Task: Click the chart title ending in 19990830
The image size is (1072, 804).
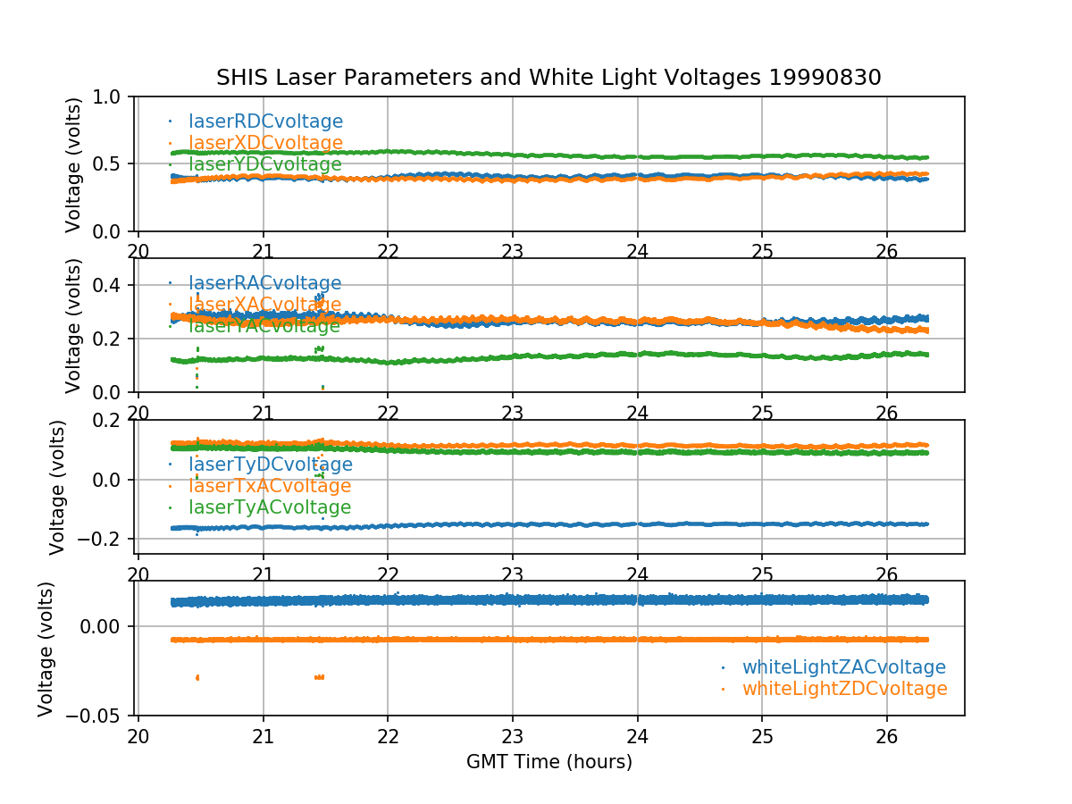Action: tap(549, 78)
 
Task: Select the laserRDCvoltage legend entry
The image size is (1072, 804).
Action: tap(265, 121)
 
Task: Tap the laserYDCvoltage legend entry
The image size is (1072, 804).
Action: tap(264, 164)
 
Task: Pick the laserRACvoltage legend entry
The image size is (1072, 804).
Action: tap(264, 284)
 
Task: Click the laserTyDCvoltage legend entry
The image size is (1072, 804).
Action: tap(270, 465)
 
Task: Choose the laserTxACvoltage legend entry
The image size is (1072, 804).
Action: tap(269, 486)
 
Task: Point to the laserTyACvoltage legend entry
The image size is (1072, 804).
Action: tap(269, 507)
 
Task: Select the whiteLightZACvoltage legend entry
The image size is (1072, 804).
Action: tap(843, 667)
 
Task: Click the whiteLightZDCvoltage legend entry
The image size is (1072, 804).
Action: tap(844, 689)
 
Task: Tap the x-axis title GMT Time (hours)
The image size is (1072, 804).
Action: tap(549, 762)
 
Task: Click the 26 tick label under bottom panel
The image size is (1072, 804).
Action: tap(886, 735)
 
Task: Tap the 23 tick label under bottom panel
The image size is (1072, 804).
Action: tap(512, 735)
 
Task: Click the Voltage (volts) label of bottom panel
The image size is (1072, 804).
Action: tap(46, 649)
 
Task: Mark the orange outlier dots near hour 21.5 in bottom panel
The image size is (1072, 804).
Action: tap(319, 677)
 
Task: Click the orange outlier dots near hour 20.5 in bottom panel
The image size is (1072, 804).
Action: tap(197, 677)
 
